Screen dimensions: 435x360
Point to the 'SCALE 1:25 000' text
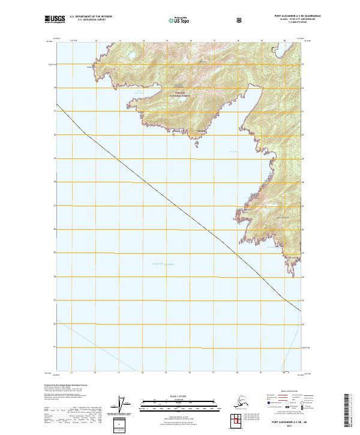[x=179, y=395]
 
